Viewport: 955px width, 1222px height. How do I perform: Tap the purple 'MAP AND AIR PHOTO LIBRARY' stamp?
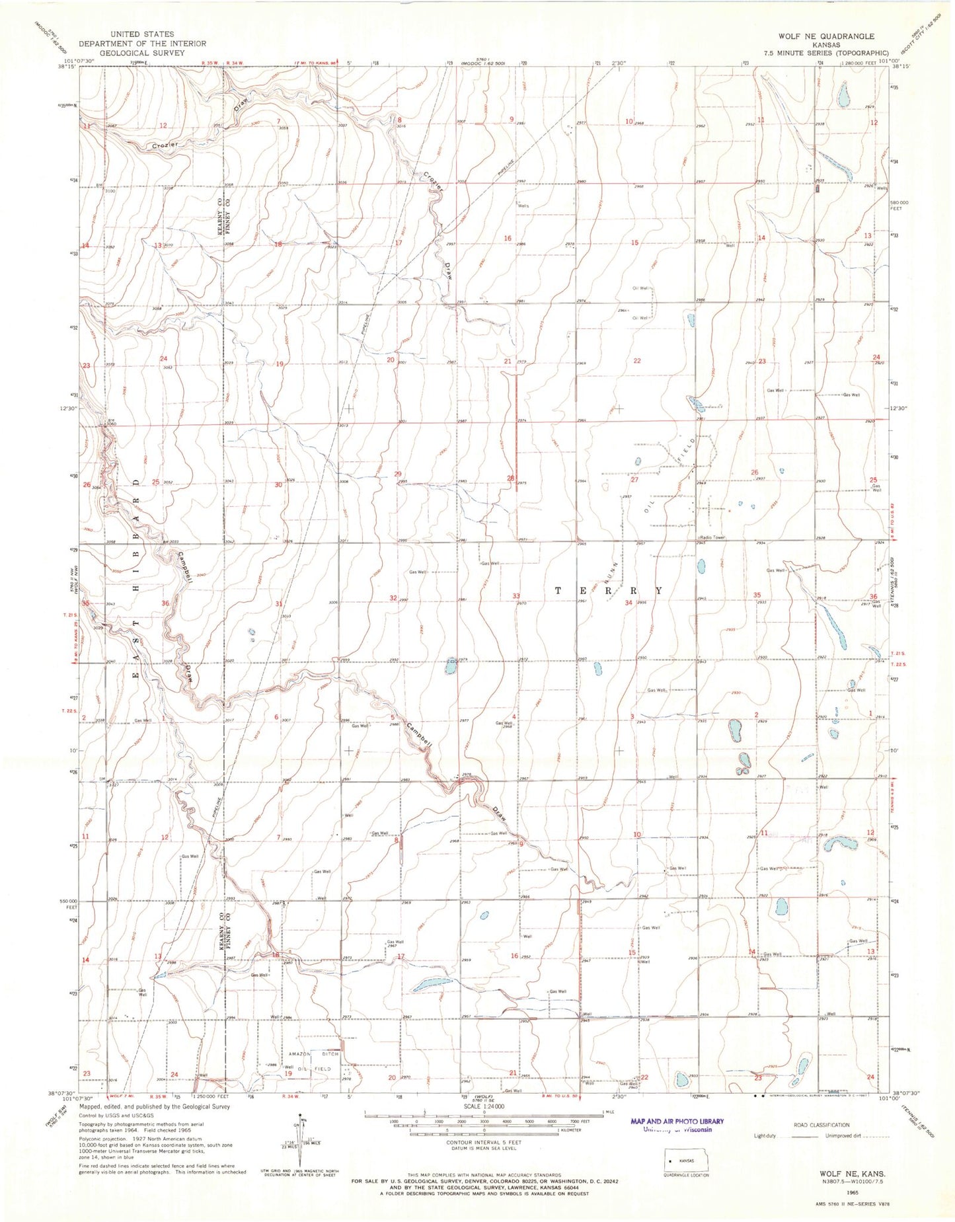(677, 1122)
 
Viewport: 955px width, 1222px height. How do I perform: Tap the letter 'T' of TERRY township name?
(559, 590)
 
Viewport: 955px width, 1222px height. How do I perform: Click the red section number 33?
(516, 596)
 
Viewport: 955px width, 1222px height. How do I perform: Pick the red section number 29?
(398, 474)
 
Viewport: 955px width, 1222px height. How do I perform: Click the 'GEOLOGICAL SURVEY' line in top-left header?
(143, 53)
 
